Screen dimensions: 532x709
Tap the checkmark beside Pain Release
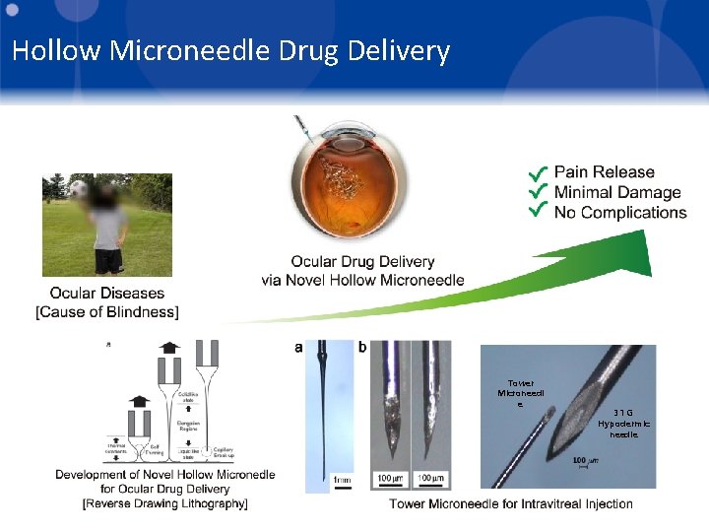pyautogui.click(x=538, y=172)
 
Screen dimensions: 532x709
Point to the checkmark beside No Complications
pyautogui.click(x=538, y=211)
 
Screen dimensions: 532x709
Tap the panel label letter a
pyautogui.click(x=298, y=347)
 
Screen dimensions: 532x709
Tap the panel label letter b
pyautogui.click(x=361, y=347)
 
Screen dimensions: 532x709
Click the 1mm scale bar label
pyautogui.click(x=342, y=480)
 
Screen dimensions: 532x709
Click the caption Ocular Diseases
pyautogui.click(x=107, y=294)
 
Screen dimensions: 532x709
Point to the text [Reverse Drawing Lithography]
pyautogui.click(x=165, y=503)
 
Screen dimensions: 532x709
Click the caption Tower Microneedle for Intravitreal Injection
pyautogui.click(x=510, y=503)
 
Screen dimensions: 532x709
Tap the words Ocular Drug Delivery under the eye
pyautogui.click(x=362, y=261)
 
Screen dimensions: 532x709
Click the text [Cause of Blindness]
pyautogui.click(x=107, y=312)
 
